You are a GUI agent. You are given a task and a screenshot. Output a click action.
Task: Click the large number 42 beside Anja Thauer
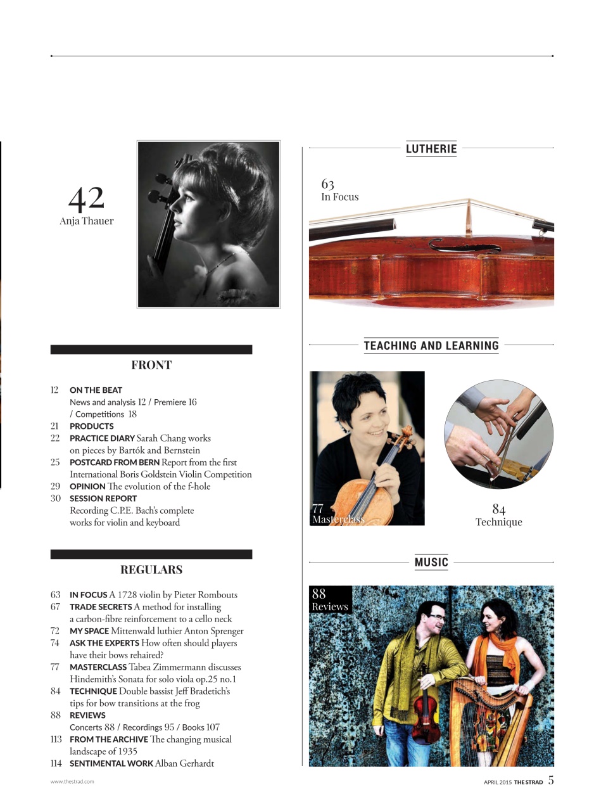(86, 198)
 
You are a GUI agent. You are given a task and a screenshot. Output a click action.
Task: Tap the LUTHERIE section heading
(431, 149)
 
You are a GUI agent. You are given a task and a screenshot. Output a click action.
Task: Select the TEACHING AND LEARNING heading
(431, 345)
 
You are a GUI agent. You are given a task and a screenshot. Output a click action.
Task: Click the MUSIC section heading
(431, 562)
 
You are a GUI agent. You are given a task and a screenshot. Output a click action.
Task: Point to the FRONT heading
(151, 365)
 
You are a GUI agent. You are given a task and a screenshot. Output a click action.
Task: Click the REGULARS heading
(151, 570)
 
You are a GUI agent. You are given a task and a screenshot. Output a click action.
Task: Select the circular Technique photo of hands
(498, 435)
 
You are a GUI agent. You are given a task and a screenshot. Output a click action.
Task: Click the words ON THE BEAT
(96, 390)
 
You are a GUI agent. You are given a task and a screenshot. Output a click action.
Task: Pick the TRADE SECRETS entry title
(101, 607)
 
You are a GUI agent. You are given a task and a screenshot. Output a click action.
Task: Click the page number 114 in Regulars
(56, 763)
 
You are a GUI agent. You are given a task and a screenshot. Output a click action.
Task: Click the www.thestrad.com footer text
(72, 782)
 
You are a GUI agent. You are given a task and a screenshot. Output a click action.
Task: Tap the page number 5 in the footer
(551, 781)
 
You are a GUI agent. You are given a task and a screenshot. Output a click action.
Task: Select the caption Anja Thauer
(87, 221)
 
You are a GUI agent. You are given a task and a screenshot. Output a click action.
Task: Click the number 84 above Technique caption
(498, 509)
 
